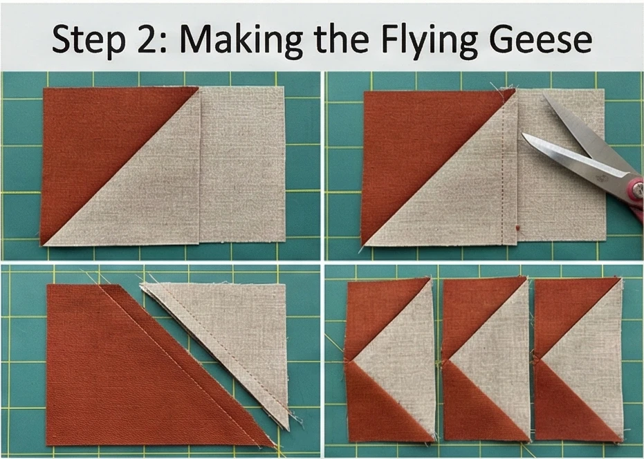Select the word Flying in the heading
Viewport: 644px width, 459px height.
(x=428, y=41)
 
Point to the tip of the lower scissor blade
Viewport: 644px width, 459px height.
(x=522, y=134)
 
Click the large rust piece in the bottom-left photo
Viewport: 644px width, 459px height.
(x=136, y=370)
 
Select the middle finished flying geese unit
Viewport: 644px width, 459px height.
(x=486, y=359)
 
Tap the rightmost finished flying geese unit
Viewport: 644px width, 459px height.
(x=578, y=360)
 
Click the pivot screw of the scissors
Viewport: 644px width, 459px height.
(x=637, y=189)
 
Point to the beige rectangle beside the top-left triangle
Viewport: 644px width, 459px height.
(x=242, y=165)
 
